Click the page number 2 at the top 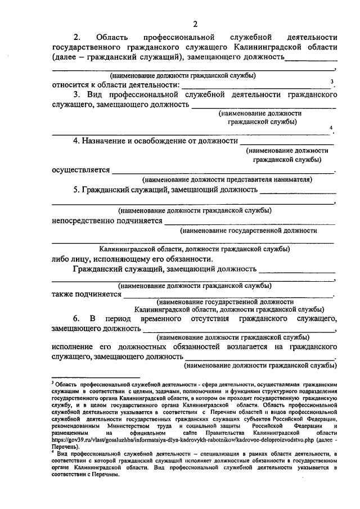click(195, 24)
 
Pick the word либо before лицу click(60, 259)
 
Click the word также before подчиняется click(63, 293)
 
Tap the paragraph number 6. click(75, 319)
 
